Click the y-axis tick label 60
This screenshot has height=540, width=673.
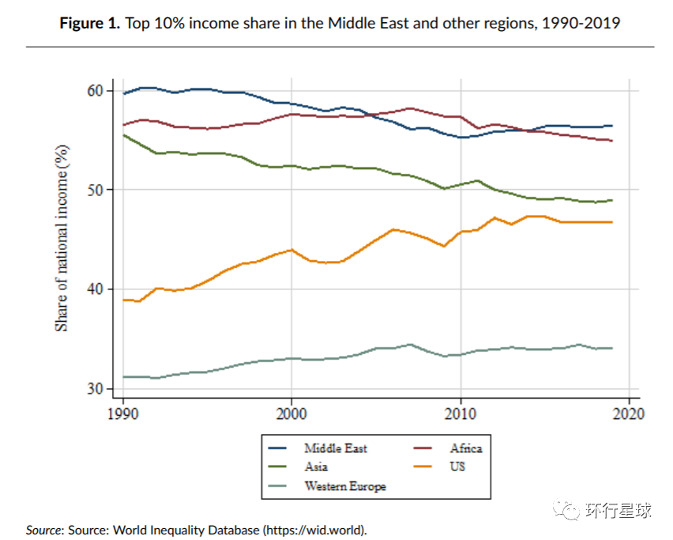(x=95, y=91)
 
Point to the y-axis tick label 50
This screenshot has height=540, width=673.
(x=95, y=190)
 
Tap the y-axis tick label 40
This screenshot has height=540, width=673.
(x=95, y=289)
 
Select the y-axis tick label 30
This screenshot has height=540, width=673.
(x=95, y=389)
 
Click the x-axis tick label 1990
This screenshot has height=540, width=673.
(x=122, y=413)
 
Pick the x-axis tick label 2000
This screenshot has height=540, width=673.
(x=291, y=413)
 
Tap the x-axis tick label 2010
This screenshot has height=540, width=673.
(x=460, y=413)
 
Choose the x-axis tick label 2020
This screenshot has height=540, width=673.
(x=629, y=413)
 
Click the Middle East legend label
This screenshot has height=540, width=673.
(x=336, y=448)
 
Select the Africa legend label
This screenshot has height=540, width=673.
(x=466, y=448)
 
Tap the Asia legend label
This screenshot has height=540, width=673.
(x=316, y=466)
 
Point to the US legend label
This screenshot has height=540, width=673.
(x=457, y=466)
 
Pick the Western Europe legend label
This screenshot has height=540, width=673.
(x=345, y=486)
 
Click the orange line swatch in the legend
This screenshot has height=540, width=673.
(x=427, y=466)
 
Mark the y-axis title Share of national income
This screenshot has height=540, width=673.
(x=62, y=238)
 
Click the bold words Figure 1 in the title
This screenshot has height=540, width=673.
(x=89, y=23)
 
